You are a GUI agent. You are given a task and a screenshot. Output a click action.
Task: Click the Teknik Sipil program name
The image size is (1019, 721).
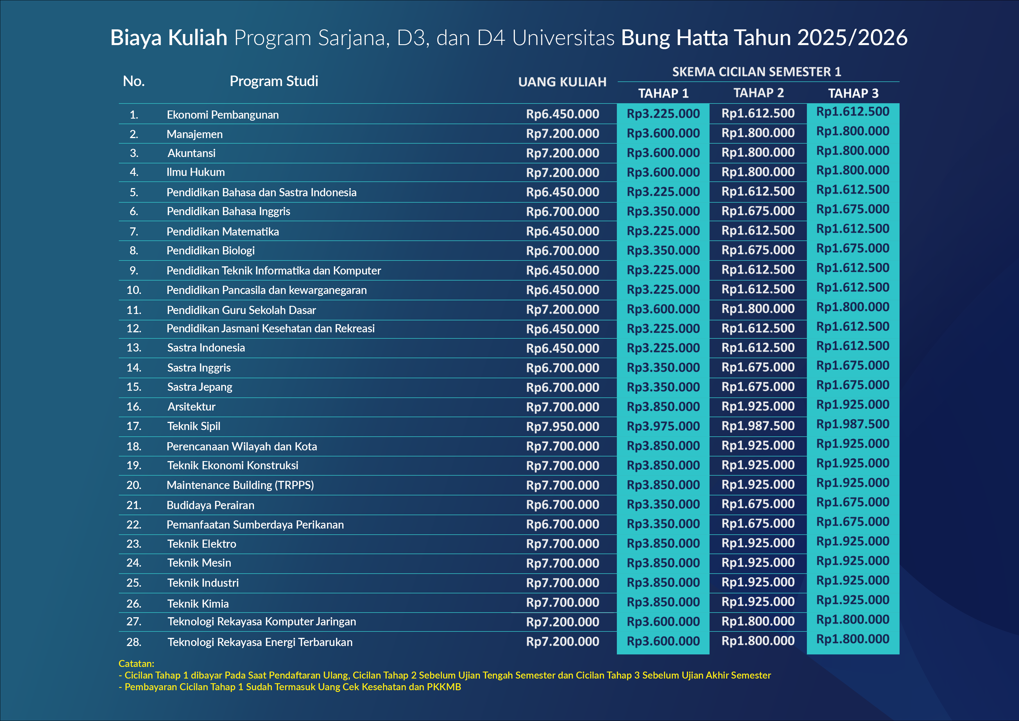pyautogui.click(x=194, y=426)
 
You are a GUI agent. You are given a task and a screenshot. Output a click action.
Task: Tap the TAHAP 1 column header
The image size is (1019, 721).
pyautogui.click(x=663, y=93)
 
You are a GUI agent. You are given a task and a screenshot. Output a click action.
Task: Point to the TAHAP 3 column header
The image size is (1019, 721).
pyautogui.click(x=853, y=93)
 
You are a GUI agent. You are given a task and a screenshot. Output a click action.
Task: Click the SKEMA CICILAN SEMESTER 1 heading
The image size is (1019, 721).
pyautogui.click(x=756, y=72)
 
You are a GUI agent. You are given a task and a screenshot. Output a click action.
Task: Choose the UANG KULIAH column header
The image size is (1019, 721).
pyautogui.click(x=562, y=82)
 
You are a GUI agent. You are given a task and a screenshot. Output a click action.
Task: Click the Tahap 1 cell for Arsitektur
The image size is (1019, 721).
pyautogui.click(x=663, y=407)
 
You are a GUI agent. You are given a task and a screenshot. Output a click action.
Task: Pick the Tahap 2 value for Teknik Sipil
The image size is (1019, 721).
pyautogui.click(x=758, y=426)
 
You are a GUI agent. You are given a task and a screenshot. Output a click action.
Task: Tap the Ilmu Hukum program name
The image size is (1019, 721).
pyautogui.click(x=196, y=172)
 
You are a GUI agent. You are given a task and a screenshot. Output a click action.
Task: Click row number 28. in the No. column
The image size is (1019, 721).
pyautogui.click(x=134, y=642)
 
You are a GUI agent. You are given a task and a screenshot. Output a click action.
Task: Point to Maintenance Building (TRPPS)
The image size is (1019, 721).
pyautogui.click(x=240, y=485)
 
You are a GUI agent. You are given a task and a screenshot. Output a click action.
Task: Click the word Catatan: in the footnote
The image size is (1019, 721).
pyautogui.click(x=136, y=664)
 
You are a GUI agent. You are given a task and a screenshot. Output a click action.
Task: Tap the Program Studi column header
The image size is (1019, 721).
pyautogui.click(x=274, y=81)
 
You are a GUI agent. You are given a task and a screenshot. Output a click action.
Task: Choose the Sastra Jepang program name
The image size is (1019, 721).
pyautogui.click(x=200, y=387)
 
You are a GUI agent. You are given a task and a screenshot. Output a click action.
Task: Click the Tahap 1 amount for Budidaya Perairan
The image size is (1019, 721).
pyautogui.click(x=663, y=504)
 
